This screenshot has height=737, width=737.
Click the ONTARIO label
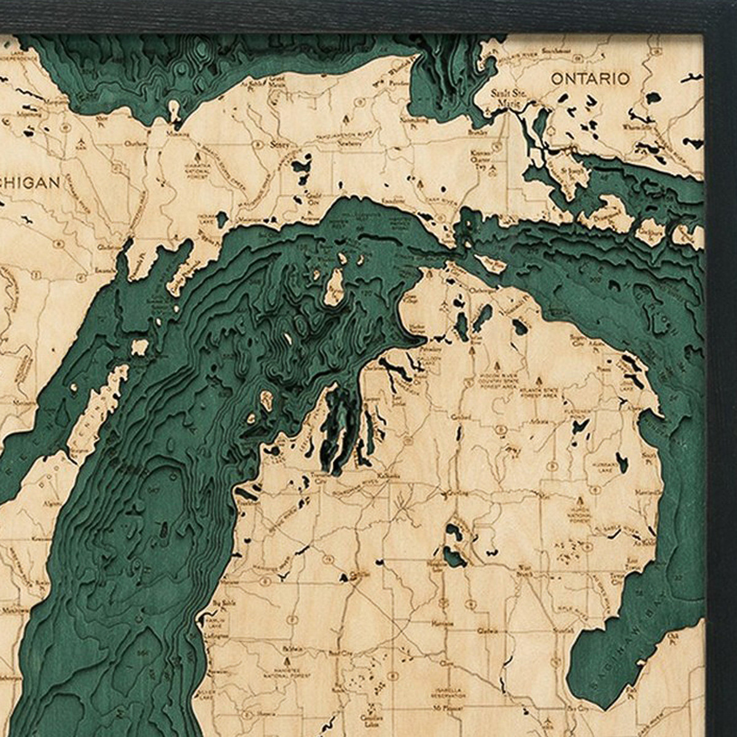pyautogui.click(x=590, y=79)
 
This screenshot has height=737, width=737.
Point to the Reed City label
pyautogui.click(x=341, y=653)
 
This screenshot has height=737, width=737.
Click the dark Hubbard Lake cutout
pyautogui.click(x=622, y=462)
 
